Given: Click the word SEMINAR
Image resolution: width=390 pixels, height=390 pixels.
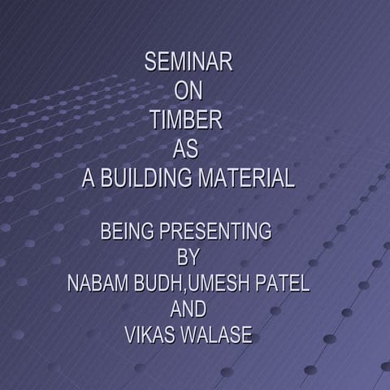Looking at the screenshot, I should (188, 63).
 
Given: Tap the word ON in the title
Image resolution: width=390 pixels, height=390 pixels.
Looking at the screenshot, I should (188, 92).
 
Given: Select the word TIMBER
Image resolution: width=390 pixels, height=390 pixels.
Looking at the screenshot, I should (186, 121).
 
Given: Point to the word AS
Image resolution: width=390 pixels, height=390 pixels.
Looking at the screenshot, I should (186, 150).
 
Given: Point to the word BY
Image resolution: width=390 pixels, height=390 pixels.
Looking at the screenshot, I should (188, 258).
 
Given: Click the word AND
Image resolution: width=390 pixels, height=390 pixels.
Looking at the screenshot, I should (188, 310).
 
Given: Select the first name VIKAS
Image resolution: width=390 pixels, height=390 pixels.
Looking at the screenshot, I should (151, 336).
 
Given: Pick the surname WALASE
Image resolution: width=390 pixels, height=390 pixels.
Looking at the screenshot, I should (218, 336).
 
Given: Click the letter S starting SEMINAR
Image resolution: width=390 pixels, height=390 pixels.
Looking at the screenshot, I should (149, 63).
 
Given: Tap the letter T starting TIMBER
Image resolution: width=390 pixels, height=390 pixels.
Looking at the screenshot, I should (154, 121).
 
